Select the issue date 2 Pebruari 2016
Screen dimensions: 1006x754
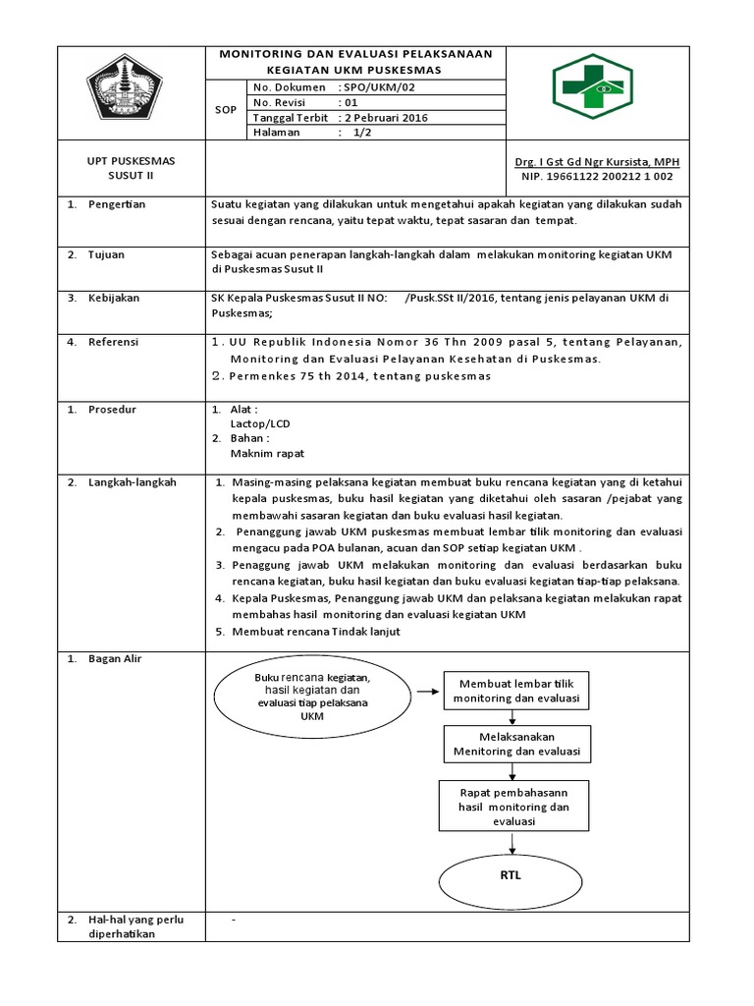click(x=385, y=118)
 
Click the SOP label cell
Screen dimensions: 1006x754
click(x=226, y=110)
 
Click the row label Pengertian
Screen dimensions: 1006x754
click(x=116, y=204)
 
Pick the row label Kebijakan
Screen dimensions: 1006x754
click(x=113, y=298)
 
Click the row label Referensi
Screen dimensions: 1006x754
click(x=114, y=342)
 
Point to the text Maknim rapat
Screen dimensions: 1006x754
click(x=267, y=454)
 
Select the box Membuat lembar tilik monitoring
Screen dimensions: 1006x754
click(x=516, y=691)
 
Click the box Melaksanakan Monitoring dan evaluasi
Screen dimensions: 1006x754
click(x=516, y=745)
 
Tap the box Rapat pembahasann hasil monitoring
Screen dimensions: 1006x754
click(x=514, y=806)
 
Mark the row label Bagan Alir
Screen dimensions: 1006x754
click(x=115, y=658)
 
